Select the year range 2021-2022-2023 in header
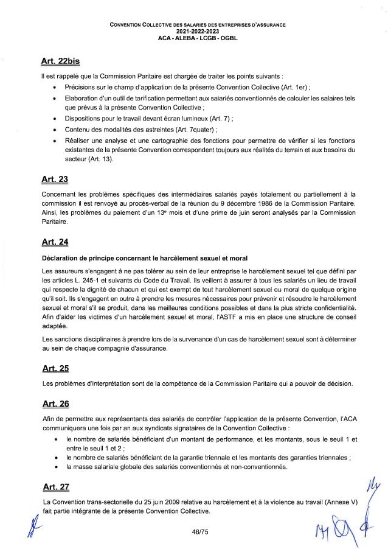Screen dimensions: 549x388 pyautogui.click(x=193, y=30)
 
